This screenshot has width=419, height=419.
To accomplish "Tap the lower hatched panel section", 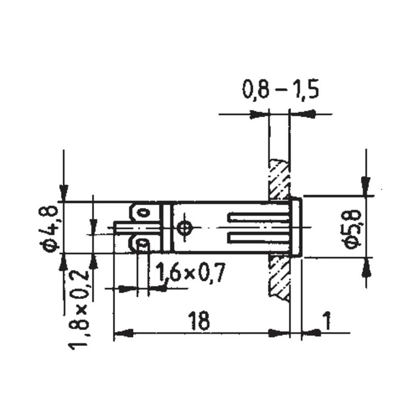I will tap(279, 276).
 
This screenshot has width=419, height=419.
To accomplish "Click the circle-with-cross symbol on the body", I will tap(184, 228).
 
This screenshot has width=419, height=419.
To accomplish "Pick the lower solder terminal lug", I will tap(143, 243).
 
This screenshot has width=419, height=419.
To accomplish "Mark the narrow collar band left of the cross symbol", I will tap(167, 228).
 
